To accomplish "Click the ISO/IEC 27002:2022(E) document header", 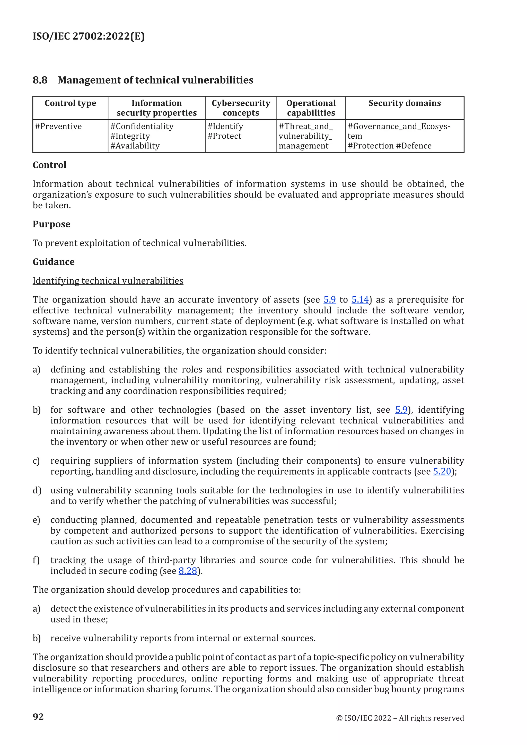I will tap(89, 36).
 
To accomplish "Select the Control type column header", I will tap(71, 103).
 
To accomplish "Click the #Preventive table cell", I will tap(58, 126).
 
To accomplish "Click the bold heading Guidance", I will tap(54, 262).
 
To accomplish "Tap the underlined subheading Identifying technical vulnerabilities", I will tap(108, 281).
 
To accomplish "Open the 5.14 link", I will tap(360, 299).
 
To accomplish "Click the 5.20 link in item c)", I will tap(442, 472).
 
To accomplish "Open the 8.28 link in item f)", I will tap(188, 571).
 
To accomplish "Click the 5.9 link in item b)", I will tap(401, 410).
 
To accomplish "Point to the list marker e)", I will tap(36, 520).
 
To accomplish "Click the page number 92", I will tap(38, 716).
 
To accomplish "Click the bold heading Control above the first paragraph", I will tap(49, 165).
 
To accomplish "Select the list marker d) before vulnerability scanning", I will tap(37, 490).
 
